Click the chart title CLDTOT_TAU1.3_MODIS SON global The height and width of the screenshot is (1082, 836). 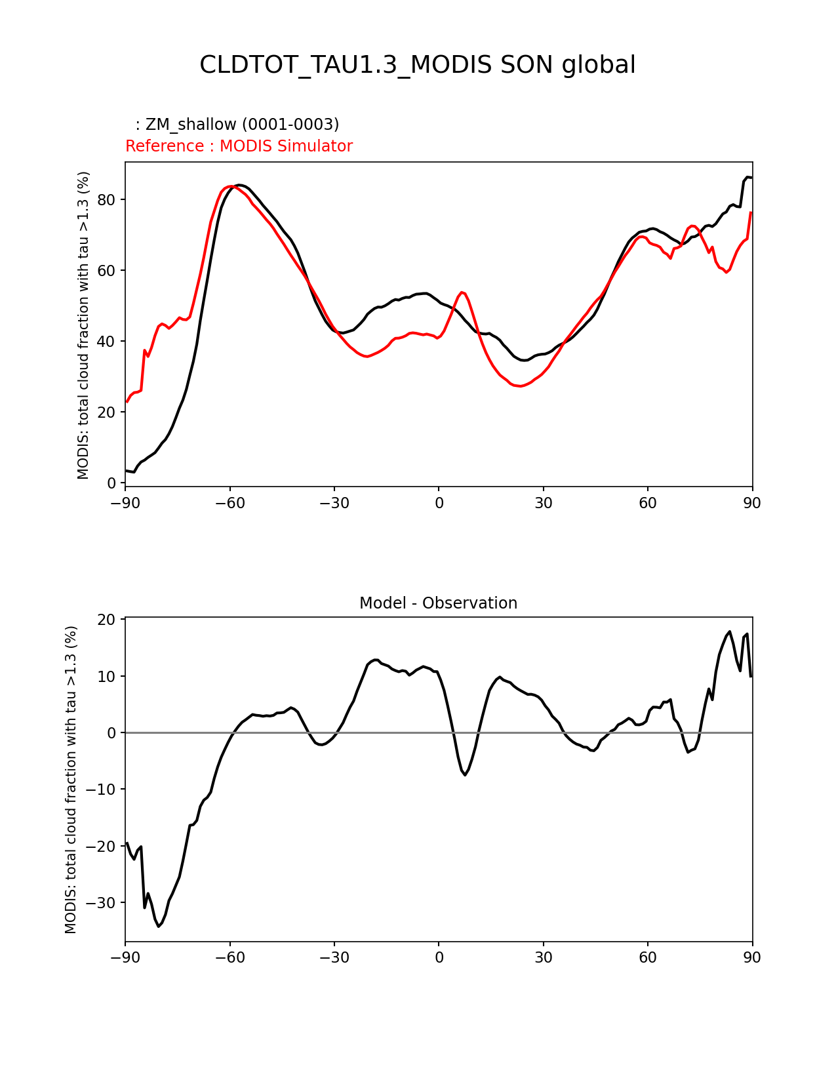(x=417, y=65)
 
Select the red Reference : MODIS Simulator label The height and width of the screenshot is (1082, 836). (x=239, y=146)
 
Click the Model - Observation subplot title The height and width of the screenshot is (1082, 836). (x=438, y=603)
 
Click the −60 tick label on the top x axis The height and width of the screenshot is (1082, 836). (x=229, y=503)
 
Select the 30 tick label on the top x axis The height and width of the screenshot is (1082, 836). (x=543, y=503)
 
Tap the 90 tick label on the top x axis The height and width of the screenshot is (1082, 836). (x=752, y=503)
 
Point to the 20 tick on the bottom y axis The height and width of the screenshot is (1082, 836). (x=107, y=620)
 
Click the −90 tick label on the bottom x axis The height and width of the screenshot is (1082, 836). (x=125, y=957)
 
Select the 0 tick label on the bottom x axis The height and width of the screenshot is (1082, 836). (x=439, y=957)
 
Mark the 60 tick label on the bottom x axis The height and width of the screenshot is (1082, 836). (x=648, y=957)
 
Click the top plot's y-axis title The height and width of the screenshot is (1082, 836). (x=83, y=325)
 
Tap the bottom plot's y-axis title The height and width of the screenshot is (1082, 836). (x=71, y=779)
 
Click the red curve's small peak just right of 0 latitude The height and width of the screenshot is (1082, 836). (x=462, y=292)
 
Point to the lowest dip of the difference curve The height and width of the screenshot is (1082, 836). (x=159, y=926)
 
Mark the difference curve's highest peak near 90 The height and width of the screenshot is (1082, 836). (x=730, y=631)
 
